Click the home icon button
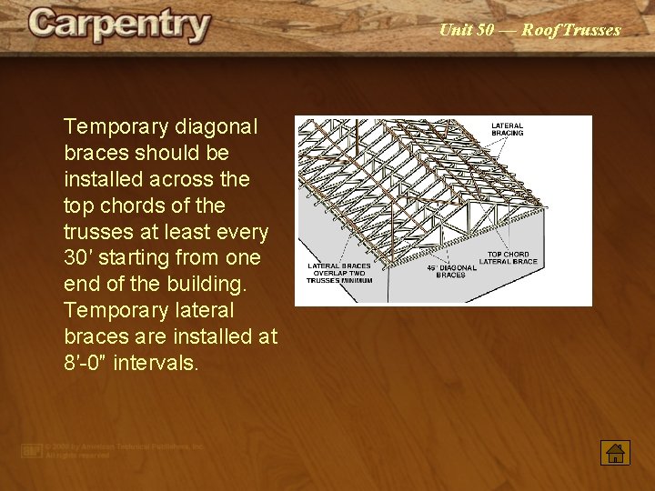(x=615, y=452)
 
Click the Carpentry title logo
(x=119, y=25)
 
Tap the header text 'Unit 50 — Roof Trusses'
(x=529, y=30)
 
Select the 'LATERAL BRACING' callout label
(x=508, y=129)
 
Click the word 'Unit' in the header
(x=455, y=30)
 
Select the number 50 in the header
(x=485, y=30)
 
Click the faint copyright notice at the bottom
(x=114, y=450)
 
